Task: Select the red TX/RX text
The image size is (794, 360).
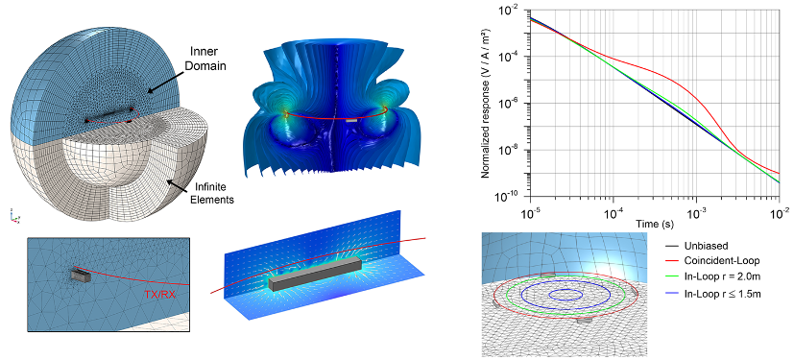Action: point(159,294)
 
